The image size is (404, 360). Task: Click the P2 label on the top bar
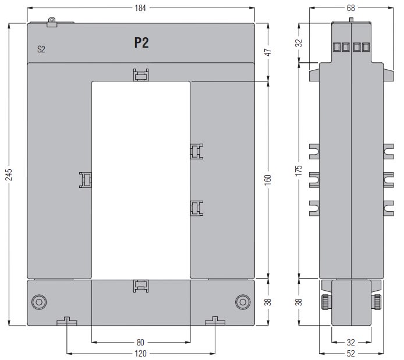click(141, 42)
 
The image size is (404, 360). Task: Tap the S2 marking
click(41, 49)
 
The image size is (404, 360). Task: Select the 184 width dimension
click(140, 8)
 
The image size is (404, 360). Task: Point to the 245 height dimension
click(9, 174)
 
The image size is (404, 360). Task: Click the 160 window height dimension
click(268, 180)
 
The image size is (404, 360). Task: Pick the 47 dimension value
click(268, 52)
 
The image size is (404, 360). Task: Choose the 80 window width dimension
click(140, 343)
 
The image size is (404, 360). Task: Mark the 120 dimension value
click(140, 354)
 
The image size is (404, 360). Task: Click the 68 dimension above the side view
click(351, 8)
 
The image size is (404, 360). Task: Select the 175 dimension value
click(299, 171)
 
